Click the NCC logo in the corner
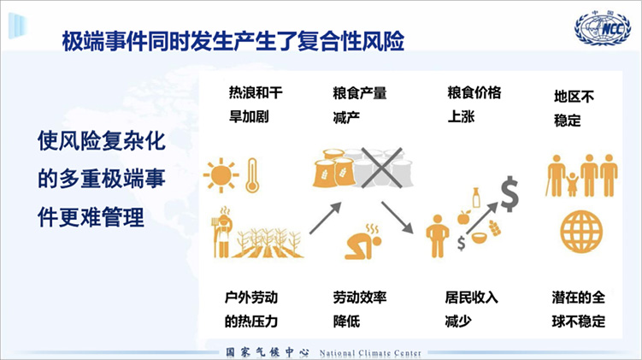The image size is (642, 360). coord(603,28)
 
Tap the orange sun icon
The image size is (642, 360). coord(221,175)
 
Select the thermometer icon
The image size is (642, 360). coord(252,175)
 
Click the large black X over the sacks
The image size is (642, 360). coord(381,168)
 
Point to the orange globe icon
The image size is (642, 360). coord(581,232)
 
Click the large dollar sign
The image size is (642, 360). coord(510,194)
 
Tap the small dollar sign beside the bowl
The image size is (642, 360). coord(462,243)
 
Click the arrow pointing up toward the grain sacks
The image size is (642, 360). coord(326,218)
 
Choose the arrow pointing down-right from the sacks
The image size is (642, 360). coord(398,218)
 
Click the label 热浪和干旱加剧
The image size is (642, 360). coord(256,105)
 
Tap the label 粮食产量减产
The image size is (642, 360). coord(360,105)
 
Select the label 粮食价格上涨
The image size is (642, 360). coord(474,104)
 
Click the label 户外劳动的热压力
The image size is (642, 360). coord(251,310)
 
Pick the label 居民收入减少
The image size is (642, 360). coord(471,310)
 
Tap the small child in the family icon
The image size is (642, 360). coord(572,185)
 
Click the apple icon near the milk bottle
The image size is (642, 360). coord(463,217)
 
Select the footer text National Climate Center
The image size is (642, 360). coord(370,352)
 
